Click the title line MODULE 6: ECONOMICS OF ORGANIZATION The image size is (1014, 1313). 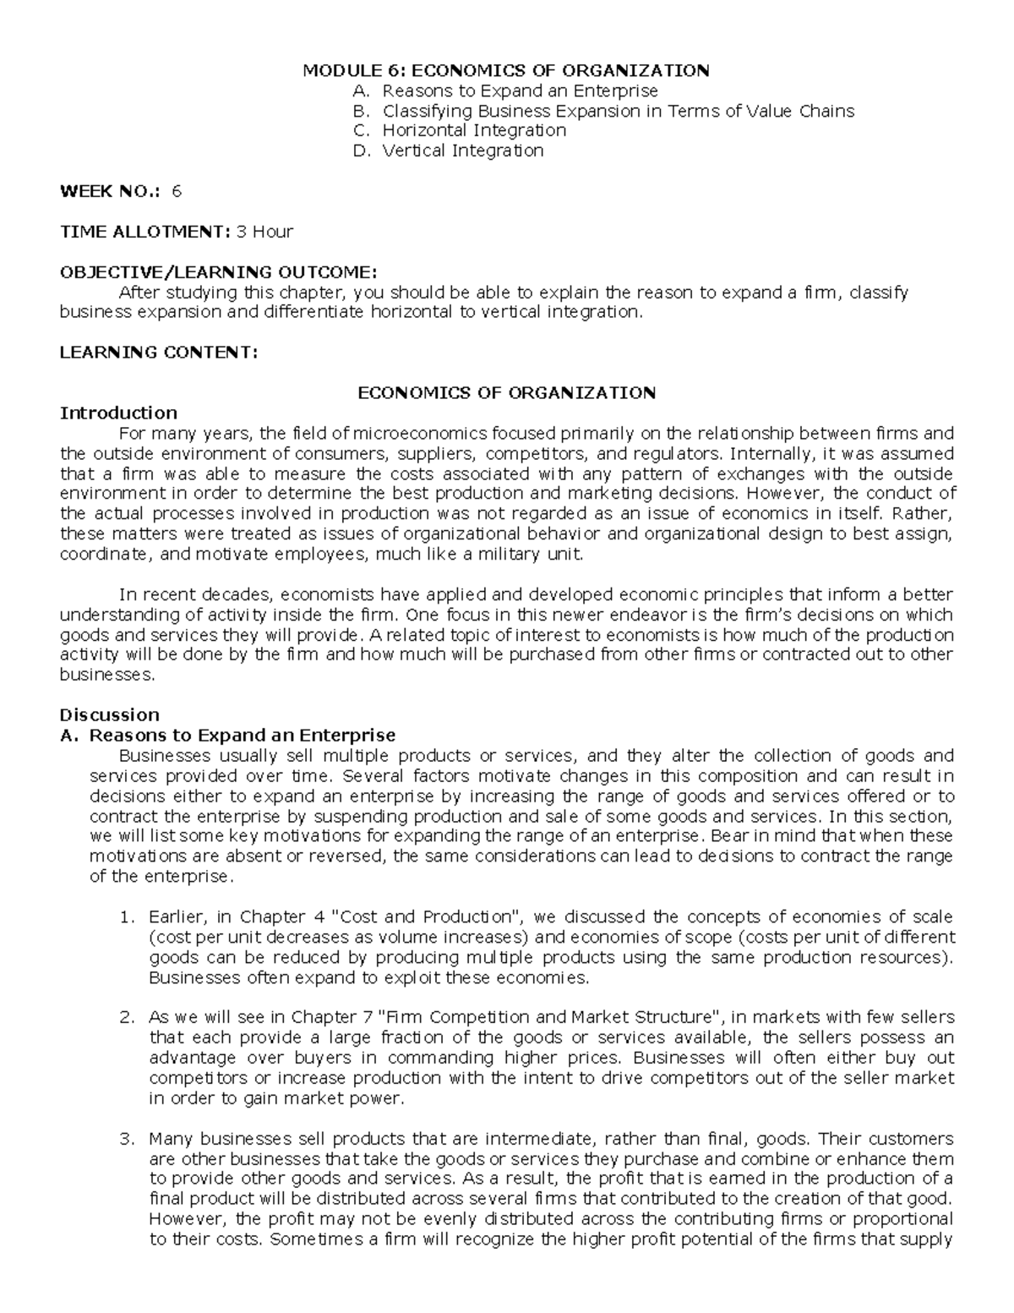[506, 70]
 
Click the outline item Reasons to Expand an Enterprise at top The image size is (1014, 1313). [520, 90]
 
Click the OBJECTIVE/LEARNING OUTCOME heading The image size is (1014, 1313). [217, 272]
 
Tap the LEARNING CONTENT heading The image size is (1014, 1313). [157, 353]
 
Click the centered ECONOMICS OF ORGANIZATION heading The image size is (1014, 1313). [506, 393]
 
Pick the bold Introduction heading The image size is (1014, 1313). [117, 413]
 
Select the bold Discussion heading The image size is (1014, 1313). [109, 714]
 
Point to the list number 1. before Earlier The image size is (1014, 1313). [127, 916]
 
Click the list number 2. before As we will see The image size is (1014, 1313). [127, 1017]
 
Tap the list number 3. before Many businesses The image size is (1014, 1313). [127, 1138]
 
